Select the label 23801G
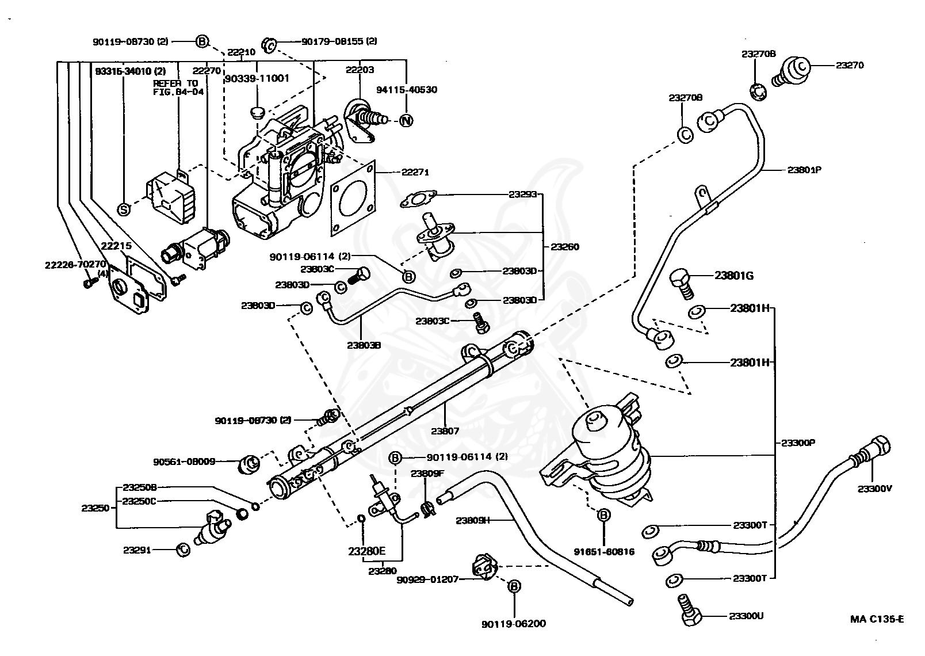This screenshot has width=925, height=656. click(x=734, y=276)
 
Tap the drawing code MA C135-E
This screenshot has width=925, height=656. click(x=877, y=619)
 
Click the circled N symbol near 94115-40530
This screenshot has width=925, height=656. click(x=406, y=121)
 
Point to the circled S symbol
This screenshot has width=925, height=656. click(x=123, y=209)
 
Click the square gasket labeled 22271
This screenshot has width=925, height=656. click(x=353, y=199)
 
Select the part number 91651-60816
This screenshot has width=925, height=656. click(x=604, y=551)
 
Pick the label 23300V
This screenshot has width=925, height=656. click(x=874, y=489)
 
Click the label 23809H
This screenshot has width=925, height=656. click(x=472, y=520)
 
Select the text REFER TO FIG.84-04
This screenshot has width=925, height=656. click(x=175, y=87)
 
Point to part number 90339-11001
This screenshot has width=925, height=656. click(x=257, y=78)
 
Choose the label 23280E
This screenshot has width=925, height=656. click(x=366, y=551)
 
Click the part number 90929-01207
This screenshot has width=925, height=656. click(x=427, y=579)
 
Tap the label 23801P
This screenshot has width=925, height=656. click(x=804, y=170)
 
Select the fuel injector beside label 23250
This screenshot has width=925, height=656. click(x=212, y=527)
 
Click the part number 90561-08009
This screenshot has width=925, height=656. click(x=192, y=461)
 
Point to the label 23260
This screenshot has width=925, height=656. click(x=564, y=247)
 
